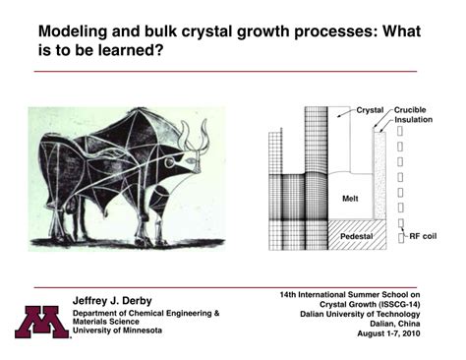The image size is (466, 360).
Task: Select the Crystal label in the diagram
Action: (370, 109)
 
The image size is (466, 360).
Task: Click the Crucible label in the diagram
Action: (414, 109)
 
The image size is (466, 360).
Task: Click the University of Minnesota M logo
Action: (38, 321)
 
